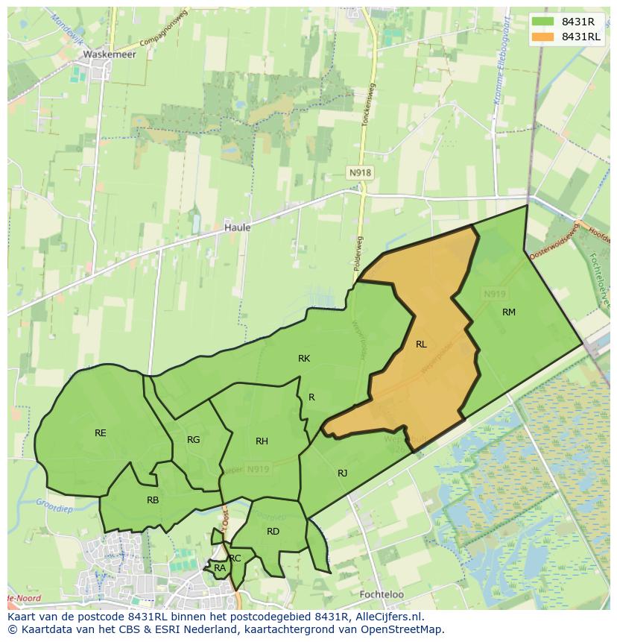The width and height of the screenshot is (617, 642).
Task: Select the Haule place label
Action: pyautogui.click(x=237, y=227)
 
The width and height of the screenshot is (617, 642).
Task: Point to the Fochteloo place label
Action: pyautogui.click(x=381, y=594)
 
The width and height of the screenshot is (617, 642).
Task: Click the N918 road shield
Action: pyautogui.click(x=360, y=172)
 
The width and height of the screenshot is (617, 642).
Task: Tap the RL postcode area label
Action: pyautogui.click(x=421, y=344)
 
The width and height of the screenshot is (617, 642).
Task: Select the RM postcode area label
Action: pyautogui.click(x=508, y=312)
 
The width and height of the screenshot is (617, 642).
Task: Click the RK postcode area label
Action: pyautogui.click(x=303, y=359)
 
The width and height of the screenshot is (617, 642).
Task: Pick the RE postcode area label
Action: pyautogui.click(x=100, y=432)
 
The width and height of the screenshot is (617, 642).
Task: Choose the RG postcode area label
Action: pyautogui.click(x=193, y=439)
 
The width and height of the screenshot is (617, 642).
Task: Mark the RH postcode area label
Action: pyautogui.click(x=262, y=441)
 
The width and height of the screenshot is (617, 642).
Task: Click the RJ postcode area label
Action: pyautogui.click(x=342, y=473)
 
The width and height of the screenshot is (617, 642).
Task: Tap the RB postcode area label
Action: pyautogui.click(x=152, y=500)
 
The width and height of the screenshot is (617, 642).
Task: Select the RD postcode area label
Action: pyautogui.click(x=273, y=531)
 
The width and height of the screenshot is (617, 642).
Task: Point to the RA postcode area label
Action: pyautogui.click(x=219, y=568)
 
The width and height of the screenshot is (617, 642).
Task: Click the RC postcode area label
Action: pyautogui.click(x=235, y=558)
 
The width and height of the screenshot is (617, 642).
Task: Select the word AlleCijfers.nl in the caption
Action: pyautogui.click(x=387, y=617)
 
